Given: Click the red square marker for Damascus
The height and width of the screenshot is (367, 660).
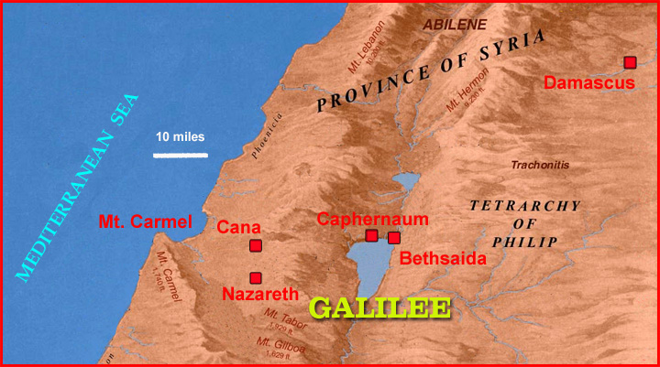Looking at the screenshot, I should click(630, 62).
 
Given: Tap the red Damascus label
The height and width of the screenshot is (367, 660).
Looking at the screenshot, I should click(589, 83).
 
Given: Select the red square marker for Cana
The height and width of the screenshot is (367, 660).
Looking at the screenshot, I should click(256, 245).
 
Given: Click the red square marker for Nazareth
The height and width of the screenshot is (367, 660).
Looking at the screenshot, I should click(256, 277).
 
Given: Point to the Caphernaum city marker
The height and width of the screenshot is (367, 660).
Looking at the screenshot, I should click(371, 236).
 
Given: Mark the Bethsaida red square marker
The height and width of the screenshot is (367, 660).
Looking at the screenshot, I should click(393, 238).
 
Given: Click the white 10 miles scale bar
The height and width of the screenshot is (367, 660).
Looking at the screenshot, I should click(180, 155).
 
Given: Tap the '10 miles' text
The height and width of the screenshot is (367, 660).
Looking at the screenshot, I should click(180, 137).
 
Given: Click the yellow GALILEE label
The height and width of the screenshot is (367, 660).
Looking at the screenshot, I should click(380, 308).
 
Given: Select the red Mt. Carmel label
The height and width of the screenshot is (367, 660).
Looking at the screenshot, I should click(145, 221).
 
